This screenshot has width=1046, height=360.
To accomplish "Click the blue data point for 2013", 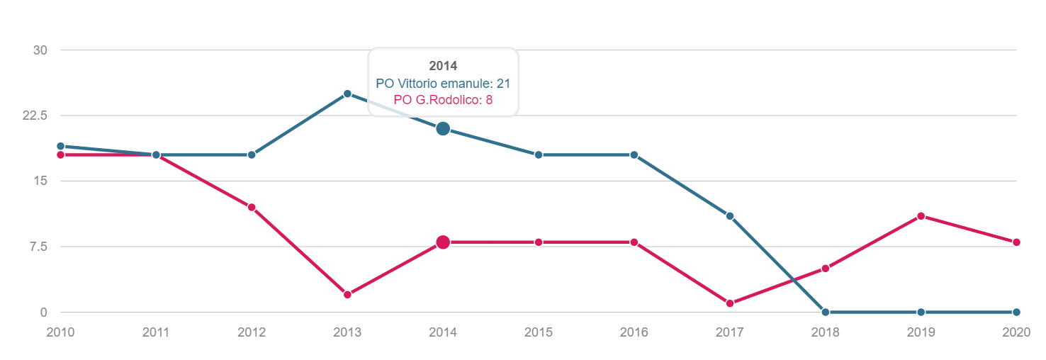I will point(347,94).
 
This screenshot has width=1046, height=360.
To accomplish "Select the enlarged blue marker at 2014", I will point(443,128).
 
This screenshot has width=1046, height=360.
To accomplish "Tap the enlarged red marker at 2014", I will point(443,242).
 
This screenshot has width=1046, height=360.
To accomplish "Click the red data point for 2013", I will point(347,294).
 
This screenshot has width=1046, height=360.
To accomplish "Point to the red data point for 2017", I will point(730,303).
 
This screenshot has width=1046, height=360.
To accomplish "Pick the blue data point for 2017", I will point(730,216).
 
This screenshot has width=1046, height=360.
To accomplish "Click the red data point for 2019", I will point(921,216).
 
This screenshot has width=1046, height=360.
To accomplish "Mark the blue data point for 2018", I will point(826,312).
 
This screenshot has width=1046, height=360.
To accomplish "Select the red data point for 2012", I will point(252,207).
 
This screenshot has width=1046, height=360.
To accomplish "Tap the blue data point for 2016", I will point(634,154).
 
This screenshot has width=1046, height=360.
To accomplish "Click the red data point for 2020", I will point(1016,242).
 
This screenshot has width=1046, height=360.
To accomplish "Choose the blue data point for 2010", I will point(60,146).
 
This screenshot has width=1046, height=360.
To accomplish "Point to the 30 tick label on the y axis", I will point(40,50).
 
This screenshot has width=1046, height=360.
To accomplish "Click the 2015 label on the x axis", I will point(539,332).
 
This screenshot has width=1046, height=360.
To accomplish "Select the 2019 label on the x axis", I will point(921,332).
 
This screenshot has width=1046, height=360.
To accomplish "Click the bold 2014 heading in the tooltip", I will point(443,67).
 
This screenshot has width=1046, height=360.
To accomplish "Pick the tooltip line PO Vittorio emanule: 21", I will point(443,84).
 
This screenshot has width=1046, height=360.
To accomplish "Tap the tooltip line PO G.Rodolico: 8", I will point(443,100).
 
